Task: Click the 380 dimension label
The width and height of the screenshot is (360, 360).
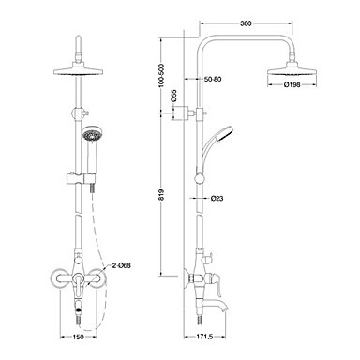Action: pos(246,23)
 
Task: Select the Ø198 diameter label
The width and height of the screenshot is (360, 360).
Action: pos(292,84)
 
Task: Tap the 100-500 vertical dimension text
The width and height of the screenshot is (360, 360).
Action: pos(161,77)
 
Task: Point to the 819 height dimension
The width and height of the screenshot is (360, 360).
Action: pos(161,194)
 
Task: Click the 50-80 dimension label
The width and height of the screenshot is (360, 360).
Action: pos(213,80)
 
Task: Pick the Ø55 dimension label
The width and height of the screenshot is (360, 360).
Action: pos(174,97)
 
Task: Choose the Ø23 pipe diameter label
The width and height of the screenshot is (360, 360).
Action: pos(217,198)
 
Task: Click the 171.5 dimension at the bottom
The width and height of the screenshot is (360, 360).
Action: pos(204,337)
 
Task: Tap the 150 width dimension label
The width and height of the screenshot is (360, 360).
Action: pos(78,337)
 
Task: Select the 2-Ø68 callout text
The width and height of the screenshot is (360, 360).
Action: pos(121,266)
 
